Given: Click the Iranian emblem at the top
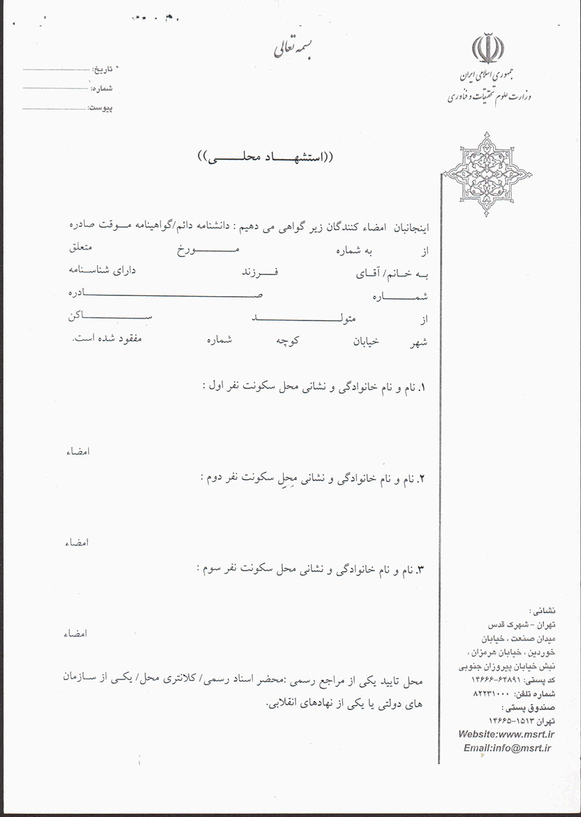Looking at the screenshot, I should (x=487, y=48).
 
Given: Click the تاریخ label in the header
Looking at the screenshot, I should (x=103, y=71).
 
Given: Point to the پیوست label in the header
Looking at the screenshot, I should (x=100, y=108).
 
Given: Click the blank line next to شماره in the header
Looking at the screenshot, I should (x=55, y=89).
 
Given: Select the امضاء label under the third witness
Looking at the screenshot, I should (x=76, y=634).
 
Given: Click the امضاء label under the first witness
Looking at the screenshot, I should (x=76, y=451).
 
